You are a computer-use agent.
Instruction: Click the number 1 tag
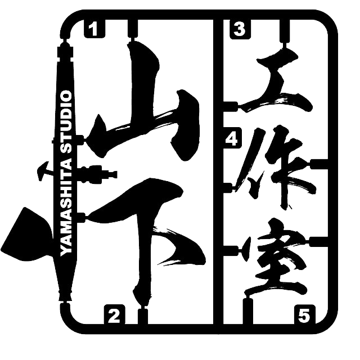coord(94,29)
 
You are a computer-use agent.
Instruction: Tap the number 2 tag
coord(115,315)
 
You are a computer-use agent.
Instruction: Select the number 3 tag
coord(240,29)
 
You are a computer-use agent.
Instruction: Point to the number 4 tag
coord(232,138)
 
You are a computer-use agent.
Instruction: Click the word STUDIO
coord(66,121)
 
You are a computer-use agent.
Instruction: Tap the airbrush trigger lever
coord(45,170)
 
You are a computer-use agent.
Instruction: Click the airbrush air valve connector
coord(96,174)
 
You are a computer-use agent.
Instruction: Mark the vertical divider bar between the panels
coord(218,172)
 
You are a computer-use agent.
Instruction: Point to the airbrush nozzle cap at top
coord(66,51)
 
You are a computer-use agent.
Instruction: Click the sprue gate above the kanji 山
coord(133,30)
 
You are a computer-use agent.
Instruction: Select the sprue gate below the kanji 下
coord(143,316)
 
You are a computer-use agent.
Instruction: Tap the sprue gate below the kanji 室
coord(248,310)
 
